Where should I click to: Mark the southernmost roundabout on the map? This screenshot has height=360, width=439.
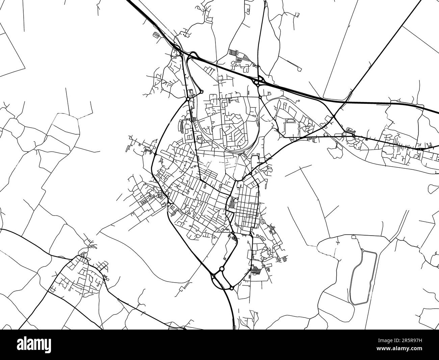click(232, 288)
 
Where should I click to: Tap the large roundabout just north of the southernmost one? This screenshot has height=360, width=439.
click(222, 269)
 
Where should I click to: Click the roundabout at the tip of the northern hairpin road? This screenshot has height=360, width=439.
click(202, 92)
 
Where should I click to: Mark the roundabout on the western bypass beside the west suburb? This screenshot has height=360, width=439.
click(168, 205)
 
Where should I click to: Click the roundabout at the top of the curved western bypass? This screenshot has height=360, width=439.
click(187, 99)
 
